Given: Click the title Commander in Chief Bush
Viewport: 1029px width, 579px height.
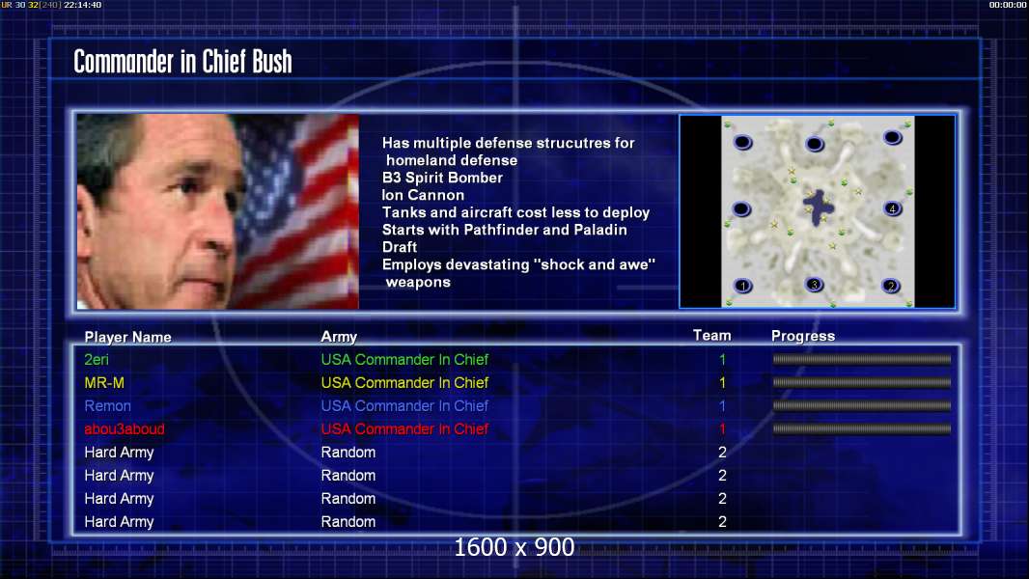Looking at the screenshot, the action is pos(182,62).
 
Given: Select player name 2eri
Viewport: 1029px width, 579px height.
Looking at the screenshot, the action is pos(97,359).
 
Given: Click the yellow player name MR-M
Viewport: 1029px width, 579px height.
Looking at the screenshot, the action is pos(104,382).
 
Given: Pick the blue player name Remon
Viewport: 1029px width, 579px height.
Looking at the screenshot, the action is pos(107,406).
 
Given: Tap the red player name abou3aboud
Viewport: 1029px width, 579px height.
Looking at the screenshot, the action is pos(125,428).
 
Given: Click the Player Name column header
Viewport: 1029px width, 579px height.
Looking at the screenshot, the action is pos(128,337).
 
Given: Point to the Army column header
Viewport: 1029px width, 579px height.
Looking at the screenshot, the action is pos(339,337).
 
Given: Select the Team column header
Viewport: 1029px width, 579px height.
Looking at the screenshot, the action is pos(712,336).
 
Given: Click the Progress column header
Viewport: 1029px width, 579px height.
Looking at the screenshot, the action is pos(803,336).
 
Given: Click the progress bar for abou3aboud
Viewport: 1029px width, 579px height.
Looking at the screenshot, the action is pos(862,428).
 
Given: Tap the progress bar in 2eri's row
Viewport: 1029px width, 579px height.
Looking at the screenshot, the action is pos(862,359).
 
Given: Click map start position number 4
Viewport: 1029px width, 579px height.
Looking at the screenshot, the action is pos(892,209).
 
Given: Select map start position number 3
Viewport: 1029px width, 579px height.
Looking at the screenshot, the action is pos(815,285).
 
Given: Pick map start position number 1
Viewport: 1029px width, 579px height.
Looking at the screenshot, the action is pos(743,286).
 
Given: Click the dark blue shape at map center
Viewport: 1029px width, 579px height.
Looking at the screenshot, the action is pos(819,207).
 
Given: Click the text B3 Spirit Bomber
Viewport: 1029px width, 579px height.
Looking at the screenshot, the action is pos(442,178).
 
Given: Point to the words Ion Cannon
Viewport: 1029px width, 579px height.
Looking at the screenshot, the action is pos(424,195).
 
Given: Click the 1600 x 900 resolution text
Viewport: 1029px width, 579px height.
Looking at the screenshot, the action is pos(514,547).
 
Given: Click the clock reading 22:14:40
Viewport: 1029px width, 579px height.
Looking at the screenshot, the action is pos(83,5).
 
